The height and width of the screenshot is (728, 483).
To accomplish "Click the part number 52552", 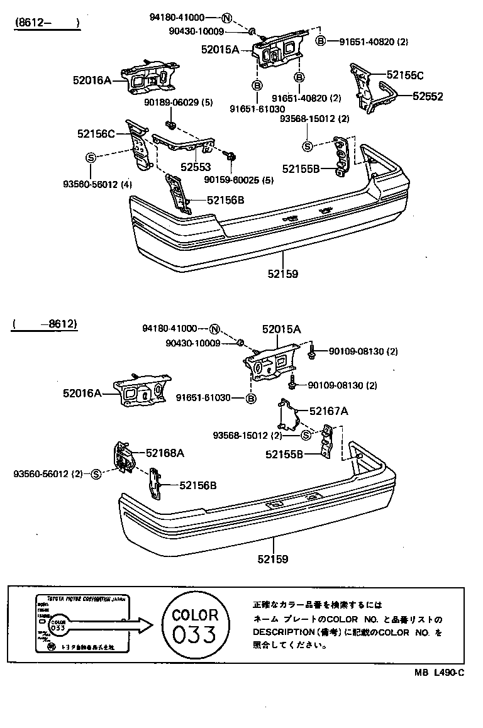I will coord(428,96).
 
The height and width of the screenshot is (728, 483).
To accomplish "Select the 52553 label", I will coord(196,168).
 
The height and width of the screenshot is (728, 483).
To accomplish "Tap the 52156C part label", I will coord(96,133).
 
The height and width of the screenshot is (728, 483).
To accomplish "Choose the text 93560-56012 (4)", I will coord(97,184).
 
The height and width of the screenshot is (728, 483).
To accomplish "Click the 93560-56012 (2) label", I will coord(48,473).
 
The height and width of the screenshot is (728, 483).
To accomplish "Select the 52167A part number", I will coord(328,411).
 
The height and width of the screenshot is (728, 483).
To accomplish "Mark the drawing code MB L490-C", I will coord(439,671).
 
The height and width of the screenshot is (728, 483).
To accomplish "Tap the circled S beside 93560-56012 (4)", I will coord(91,157).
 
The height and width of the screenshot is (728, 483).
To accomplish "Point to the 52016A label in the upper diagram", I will coord(92,80).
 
